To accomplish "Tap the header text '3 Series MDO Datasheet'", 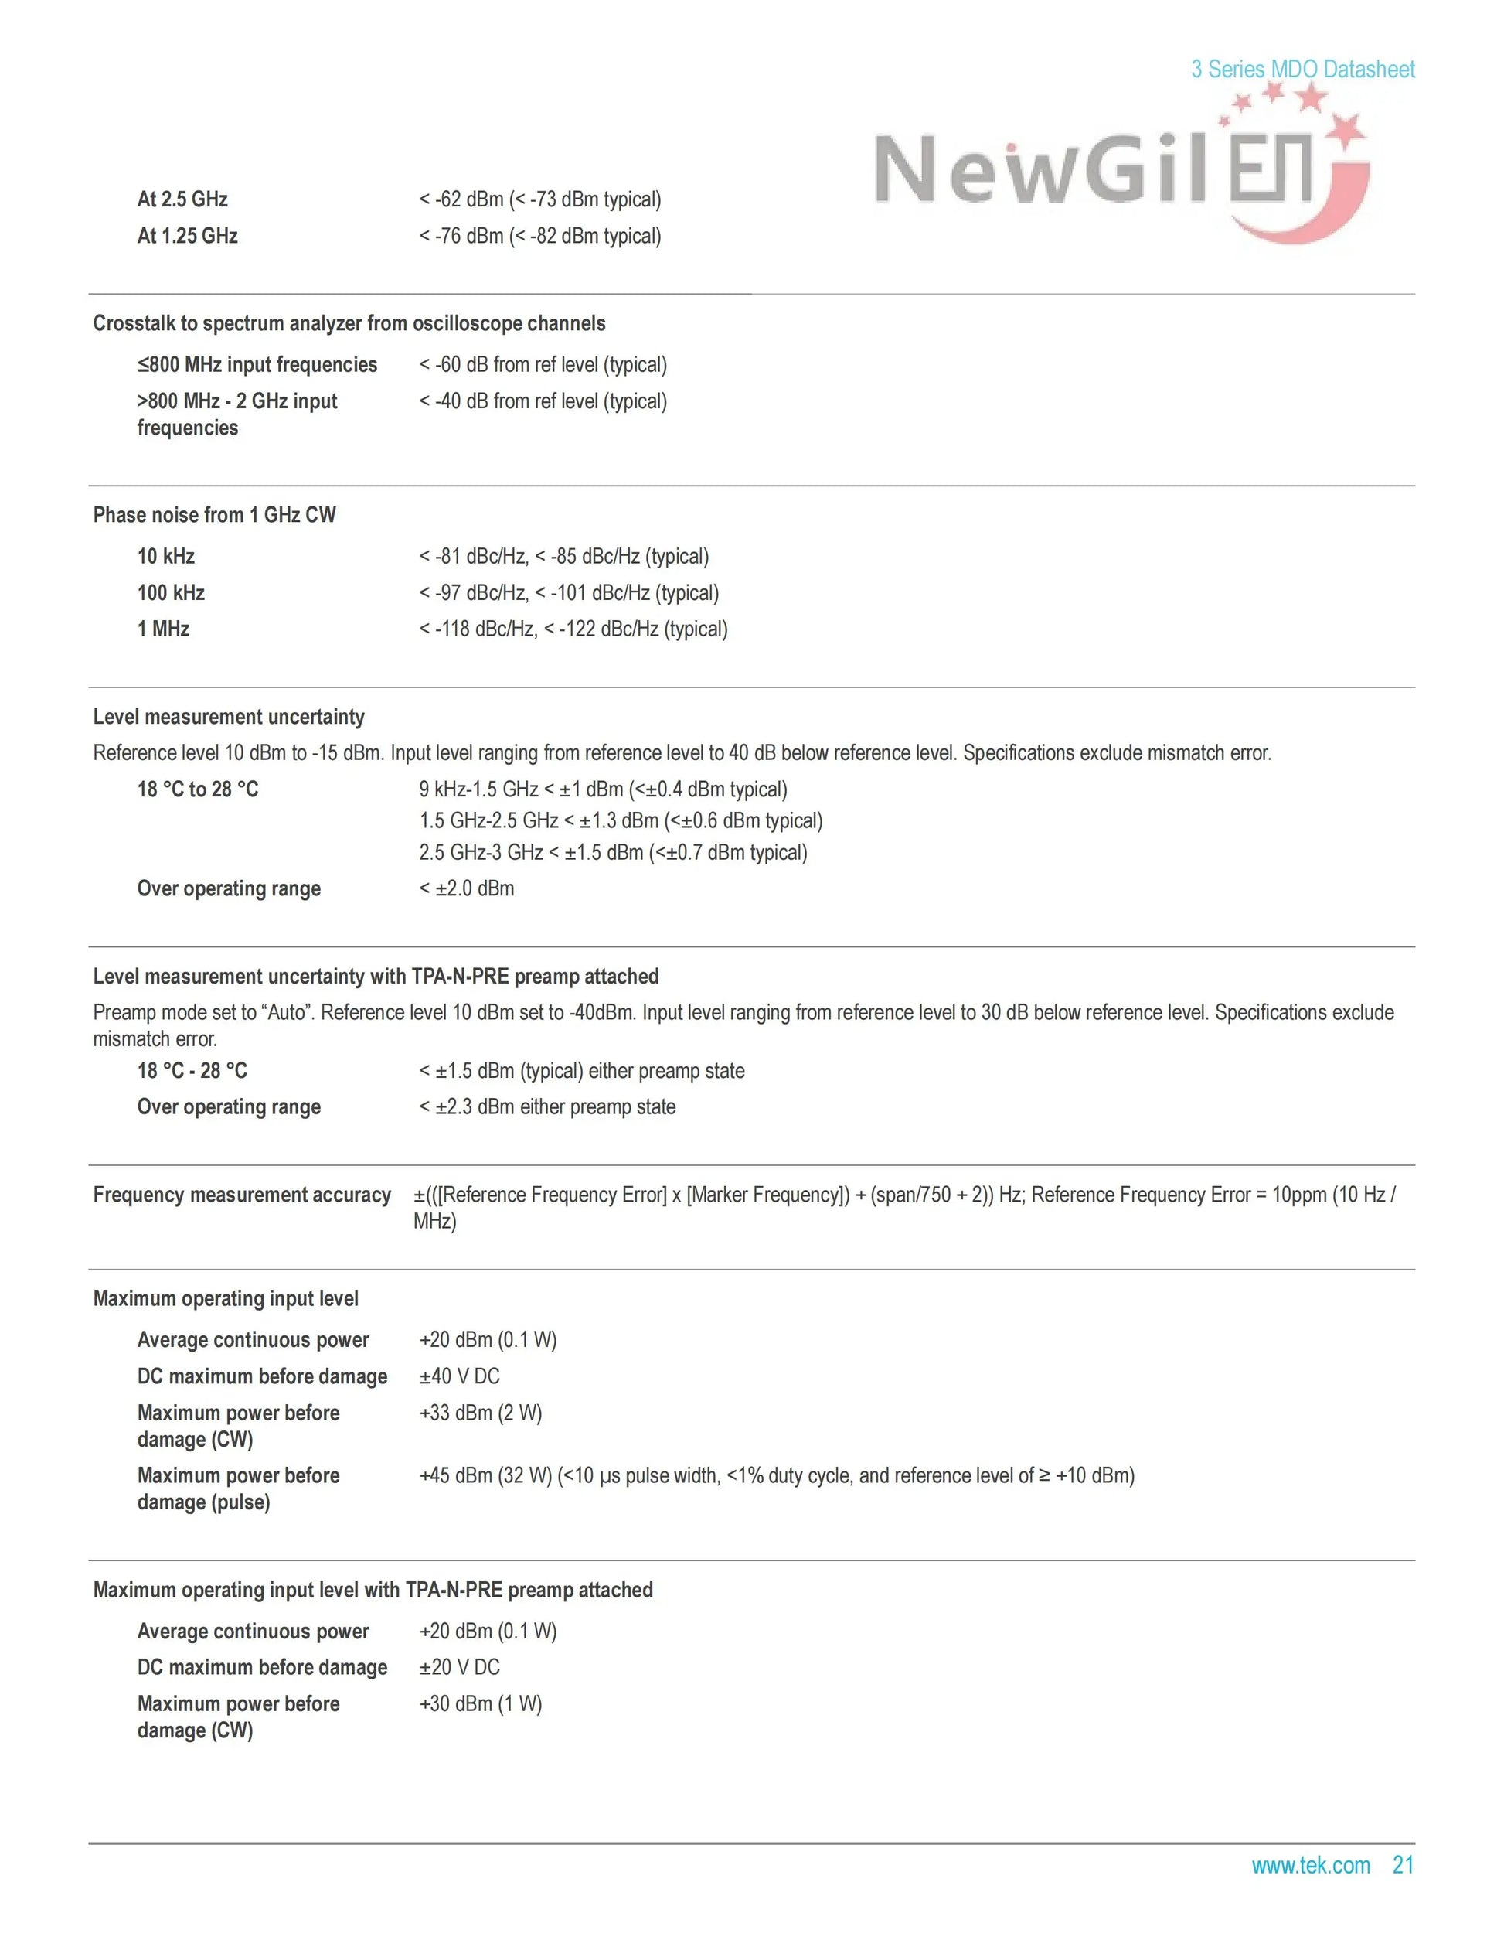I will click(x=1302, y=70).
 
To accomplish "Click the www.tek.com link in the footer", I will click(x=1310, y=1865).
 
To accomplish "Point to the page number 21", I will click(x=1403, y=1865).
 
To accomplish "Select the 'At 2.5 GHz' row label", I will click(x=182, y=199).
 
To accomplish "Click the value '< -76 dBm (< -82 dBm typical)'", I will click(x=540, y=237).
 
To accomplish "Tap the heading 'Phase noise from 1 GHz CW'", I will click(x=215, y=515).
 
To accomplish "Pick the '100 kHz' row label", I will click(x=171, y=593).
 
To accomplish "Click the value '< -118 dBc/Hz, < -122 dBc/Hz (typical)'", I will click(x=573, y=629).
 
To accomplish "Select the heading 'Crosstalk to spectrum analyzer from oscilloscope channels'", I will click(x=349, y=324).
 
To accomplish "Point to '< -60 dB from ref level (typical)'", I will click(x=543, y=365).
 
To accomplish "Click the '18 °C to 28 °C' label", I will click(x=198, y=789).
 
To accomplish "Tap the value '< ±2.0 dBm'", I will click(x=467, y=888).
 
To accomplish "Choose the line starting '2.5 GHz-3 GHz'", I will click(x=613, y=853).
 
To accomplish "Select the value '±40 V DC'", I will click(x=460, y=1376).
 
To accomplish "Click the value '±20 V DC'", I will click(x=460, y=1667).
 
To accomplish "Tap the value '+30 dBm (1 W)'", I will click(x=480, y=1703).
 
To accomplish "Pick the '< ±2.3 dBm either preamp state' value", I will click(x=547, y=1107).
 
